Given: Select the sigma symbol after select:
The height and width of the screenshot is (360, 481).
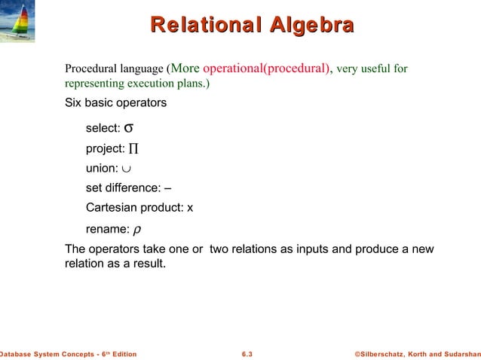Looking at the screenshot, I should click(129, 127).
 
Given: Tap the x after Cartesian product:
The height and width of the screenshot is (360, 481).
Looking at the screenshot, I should click(190, 207).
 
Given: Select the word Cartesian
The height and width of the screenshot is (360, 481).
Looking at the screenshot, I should click(112, 207).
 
